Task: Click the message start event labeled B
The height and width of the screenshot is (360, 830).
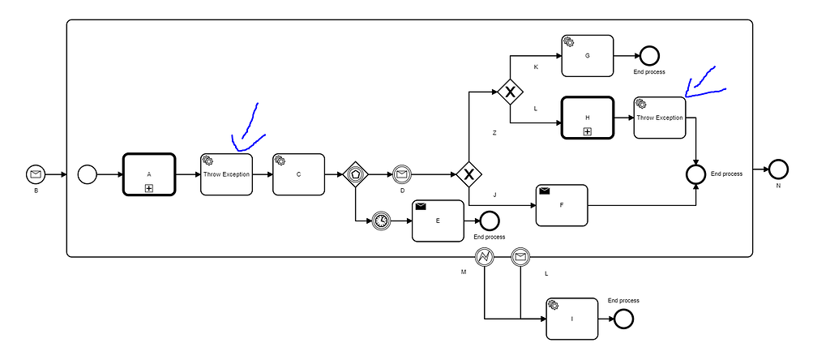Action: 36,174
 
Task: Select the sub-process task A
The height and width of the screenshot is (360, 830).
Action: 149,174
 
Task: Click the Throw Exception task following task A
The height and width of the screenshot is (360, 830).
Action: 226,174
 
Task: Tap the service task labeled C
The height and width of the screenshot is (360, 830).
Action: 298,174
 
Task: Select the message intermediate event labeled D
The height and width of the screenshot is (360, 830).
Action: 402,174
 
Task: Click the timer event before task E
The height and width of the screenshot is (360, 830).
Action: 382,221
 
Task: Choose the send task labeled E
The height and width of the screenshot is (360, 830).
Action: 438,221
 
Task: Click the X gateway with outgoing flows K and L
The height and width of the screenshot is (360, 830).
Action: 510,92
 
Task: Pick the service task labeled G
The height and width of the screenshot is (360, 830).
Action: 587,56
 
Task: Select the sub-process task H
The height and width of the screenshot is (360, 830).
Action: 587,118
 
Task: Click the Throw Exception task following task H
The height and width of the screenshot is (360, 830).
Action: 660,118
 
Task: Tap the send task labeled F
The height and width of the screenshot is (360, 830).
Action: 561,205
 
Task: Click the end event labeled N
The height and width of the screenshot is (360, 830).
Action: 778,169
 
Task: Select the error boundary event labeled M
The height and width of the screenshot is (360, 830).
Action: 484,257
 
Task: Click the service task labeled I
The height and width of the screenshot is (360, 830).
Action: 571,318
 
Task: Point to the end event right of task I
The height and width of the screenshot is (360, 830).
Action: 622,318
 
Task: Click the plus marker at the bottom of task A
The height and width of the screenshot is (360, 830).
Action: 149,188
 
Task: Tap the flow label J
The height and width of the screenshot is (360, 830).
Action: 494,194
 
